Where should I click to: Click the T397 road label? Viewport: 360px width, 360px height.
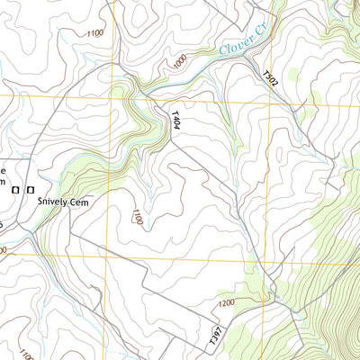(215, 336)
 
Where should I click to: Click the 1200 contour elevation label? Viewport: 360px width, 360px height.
(225, 303)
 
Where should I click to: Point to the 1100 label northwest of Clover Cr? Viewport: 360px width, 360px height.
(94, 33)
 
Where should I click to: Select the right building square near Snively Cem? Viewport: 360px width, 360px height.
(31, 190)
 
